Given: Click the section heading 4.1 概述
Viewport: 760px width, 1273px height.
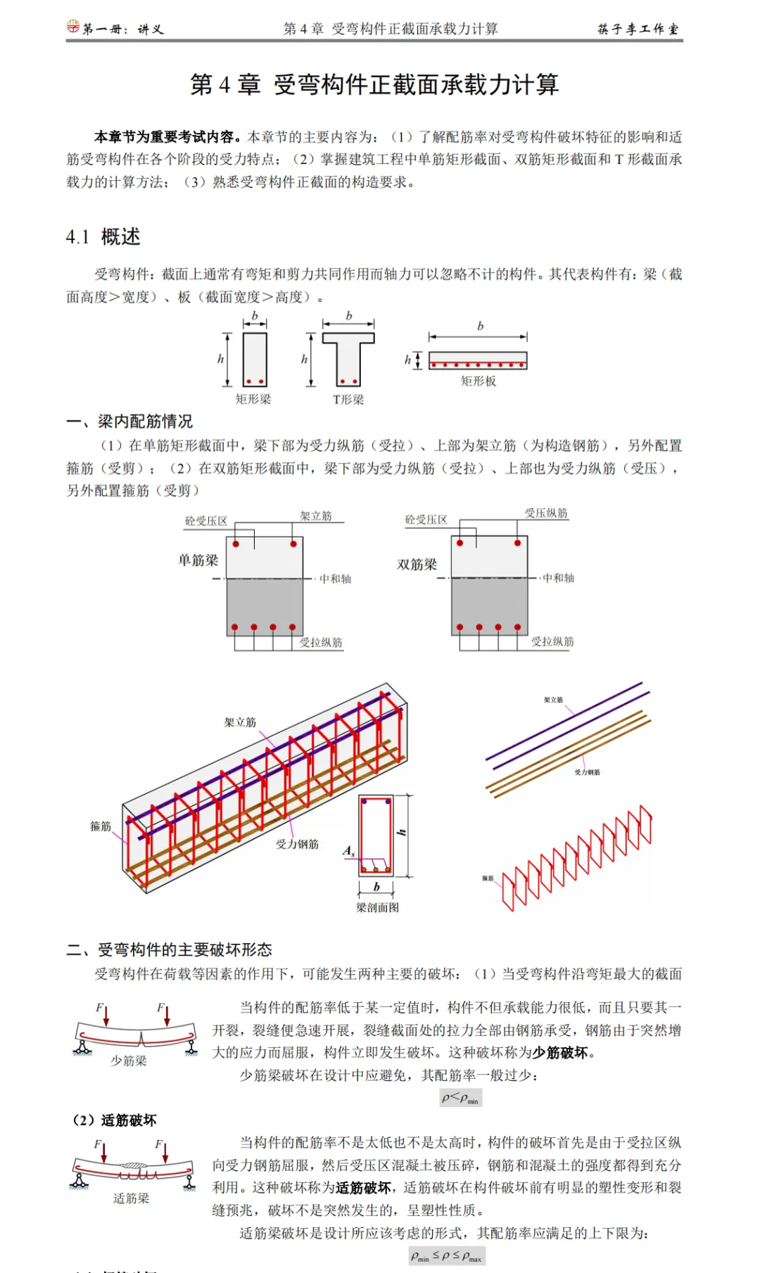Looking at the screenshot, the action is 103,237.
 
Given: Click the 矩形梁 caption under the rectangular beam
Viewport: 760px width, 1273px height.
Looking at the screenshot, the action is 253,399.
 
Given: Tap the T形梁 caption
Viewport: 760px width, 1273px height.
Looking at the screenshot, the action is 348,400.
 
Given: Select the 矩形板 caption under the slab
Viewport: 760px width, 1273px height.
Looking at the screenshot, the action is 479,381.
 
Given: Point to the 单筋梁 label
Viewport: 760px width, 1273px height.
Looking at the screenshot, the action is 198,561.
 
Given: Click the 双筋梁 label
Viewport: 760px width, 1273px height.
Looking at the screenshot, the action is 417,565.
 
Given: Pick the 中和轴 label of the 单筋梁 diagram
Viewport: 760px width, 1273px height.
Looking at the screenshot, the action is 335,579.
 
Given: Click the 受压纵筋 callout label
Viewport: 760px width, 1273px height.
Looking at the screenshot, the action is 546,513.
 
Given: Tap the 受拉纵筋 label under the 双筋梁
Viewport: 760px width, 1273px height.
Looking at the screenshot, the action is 552,641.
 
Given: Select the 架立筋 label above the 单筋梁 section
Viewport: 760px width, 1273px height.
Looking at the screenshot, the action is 316,516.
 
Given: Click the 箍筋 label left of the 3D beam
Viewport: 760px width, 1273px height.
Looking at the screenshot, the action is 101,826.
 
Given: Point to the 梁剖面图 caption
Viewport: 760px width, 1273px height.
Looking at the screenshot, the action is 377,908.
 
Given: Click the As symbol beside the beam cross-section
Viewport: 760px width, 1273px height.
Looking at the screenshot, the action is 348,851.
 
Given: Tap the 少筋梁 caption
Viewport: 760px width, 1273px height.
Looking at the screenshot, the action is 129,1061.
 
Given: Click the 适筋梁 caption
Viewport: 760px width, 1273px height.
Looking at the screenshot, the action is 132,1198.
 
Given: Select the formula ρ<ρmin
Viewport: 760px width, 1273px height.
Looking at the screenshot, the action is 460,1098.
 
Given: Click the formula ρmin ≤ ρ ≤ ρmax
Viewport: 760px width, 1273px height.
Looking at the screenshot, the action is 446,1256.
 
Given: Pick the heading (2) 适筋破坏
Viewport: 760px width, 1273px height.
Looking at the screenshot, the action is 115,1120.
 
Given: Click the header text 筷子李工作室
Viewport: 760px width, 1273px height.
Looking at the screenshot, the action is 638,29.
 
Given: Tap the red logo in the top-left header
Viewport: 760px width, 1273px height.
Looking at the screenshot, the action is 73,27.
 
